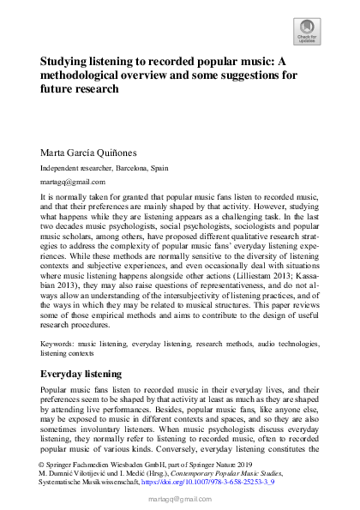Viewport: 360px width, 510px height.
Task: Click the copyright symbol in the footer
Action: pyautogui.click(x=43, y=462)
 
